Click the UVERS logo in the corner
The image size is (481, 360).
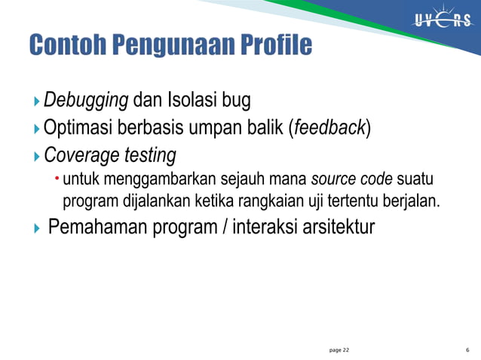pyautogui.click(x=442, y=20)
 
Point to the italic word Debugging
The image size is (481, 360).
pyautogui.click(x=87, y=99)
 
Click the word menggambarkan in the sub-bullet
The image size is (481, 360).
pyautogui.click(x=162, y=181)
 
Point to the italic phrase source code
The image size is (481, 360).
pyautogui.click(x=352, y=181)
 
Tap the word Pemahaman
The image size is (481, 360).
pyautogui.click(x=93, y=226)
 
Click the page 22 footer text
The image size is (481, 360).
pyautogui.click(x=339, y=350)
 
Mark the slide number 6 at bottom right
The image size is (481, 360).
pyautogui.click(x=468, y=350)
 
